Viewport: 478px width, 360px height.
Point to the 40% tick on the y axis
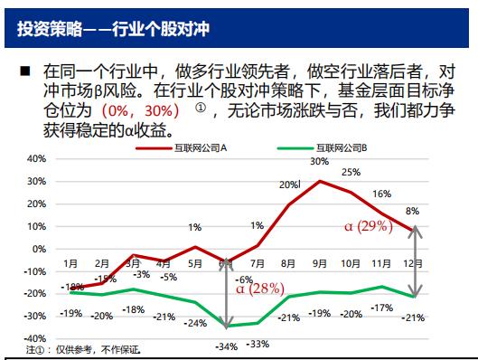click(35, 158)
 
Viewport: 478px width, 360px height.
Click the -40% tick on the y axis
click(33, 338)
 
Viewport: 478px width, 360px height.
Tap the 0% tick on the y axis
click(38, 249)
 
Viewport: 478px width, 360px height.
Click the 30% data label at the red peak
click(319, 162)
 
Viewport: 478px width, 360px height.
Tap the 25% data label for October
click(351, 172)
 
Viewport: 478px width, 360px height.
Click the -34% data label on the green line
click(226, 346)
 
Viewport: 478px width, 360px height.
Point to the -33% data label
click(258, 344)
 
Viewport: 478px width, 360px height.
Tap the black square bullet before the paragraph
click(24, 71)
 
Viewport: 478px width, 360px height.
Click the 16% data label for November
click(381, 194)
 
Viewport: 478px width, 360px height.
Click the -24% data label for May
click(194, 322)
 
